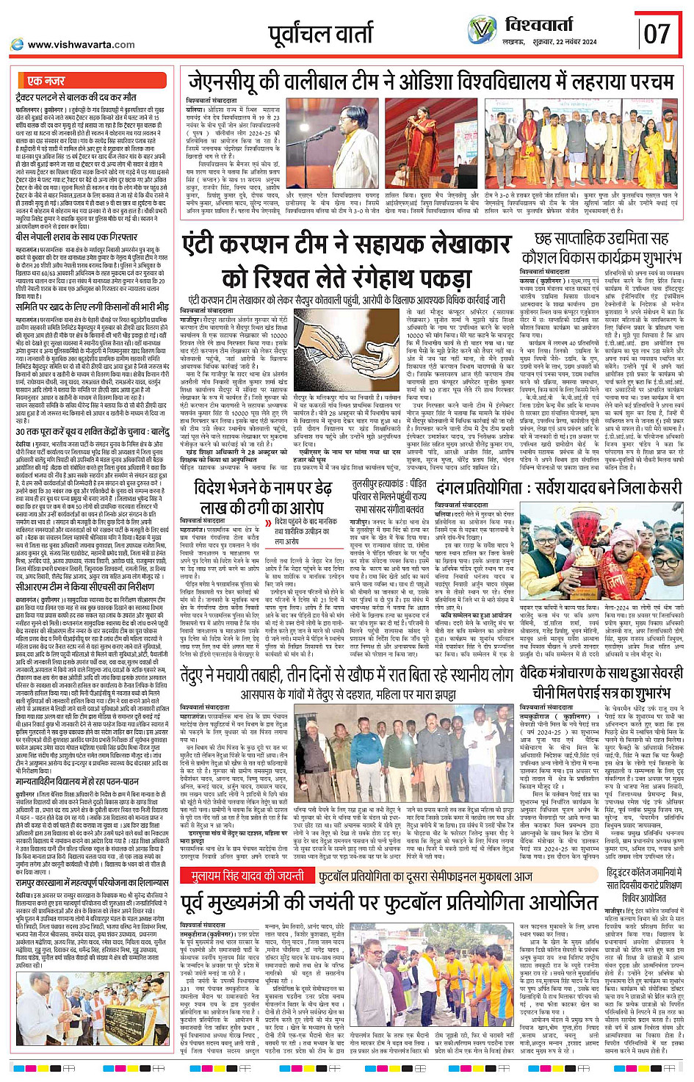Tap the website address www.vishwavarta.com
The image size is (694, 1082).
pos(81,45)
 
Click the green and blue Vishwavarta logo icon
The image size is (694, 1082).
pos(482,29)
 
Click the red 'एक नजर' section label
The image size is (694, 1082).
pos(46,81)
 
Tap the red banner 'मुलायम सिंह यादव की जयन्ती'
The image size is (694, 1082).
pos(247,876)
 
